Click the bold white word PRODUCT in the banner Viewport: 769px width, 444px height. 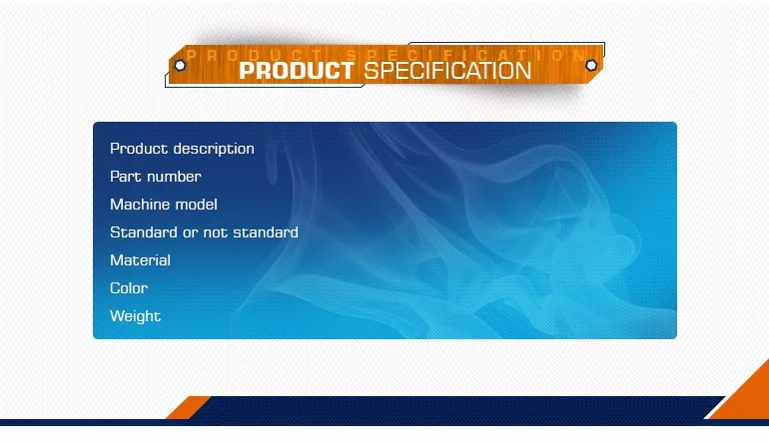tap(297, 71)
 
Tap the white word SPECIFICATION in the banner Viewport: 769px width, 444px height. tap(446, 71)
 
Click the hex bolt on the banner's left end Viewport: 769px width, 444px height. tap(180, 65)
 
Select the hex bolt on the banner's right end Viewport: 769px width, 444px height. tap(591, 65)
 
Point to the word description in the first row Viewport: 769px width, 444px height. tap(214, 149)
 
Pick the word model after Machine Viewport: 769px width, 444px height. tap(198, 205)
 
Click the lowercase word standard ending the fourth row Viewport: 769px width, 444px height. tap(266, 232)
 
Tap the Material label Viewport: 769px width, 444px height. tap(140, 260)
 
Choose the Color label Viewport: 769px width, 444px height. tap(129, 288)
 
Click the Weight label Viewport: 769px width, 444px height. tap(135, 316)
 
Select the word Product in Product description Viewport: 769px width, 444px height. tap(139, 149)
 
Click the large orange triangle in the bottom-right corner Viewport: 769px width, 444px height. tap(744, 399)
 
